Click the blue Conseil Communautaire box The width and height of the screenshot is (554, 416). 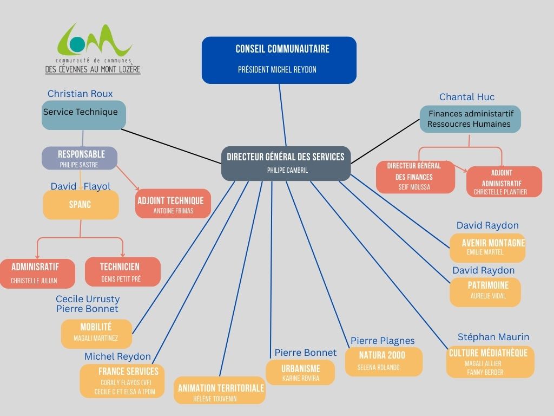(279, 60)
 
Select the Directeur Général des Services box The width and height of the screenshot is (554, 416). (286, 163)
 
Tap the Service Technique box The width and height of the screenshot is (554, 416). (83, 115)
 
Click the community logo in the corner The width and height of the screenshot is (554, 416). (93, 49)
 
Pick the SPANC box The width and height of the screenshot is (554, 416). (81, 205)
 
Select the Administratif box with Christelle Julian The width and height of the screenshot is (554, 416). (37, 273)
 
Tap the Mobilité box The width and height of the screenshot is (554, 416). (96, 333)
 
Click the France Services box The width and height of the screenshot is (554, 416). (122, 381)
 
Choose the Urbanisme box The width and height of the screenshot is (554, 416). (300, 373)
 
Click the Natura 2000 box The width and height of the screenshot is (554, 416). (382, 361)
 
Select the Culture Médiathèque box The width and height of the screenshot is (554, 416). (490, 362)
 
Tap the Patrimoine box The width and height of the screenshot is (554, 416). (485, 291)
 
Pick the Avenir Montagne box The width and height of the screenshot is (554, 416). (487, 248)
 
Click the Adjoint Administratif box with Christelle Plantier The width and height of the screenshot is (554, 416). (504, 181)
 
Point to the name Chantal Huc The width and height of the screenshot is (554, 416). (466, 97)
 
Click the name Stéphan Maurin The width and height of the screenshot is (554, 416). (493, 337)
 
